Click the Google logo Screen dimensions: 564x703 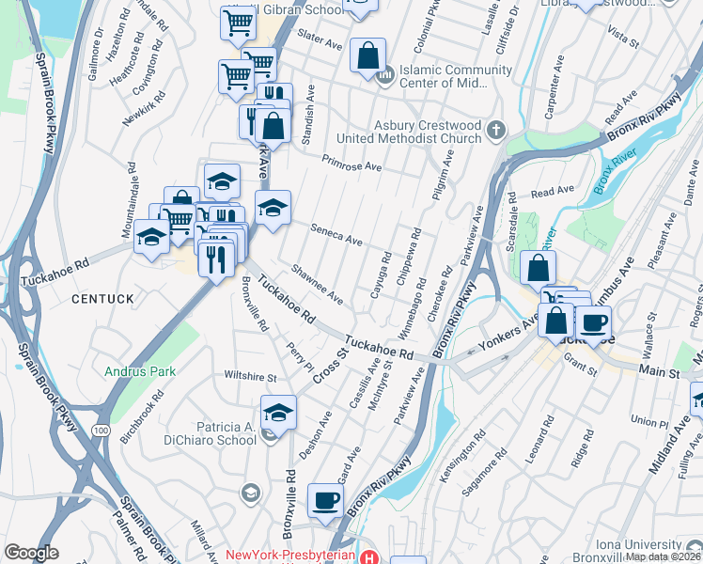coord(31,553)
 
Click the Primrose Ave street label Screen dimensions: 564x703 coord(351,164)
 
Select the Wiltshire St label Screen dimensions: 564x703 coord(250,376)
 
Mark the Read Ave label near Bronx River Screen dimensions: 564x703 coord(553,191)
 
